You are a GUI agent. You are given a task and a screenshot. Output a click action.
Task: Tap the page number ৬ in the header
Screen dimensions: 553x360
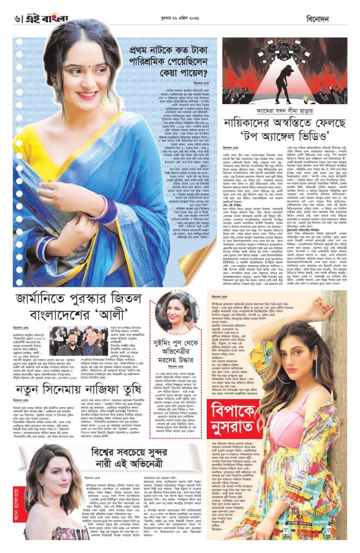pos(18,18)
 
